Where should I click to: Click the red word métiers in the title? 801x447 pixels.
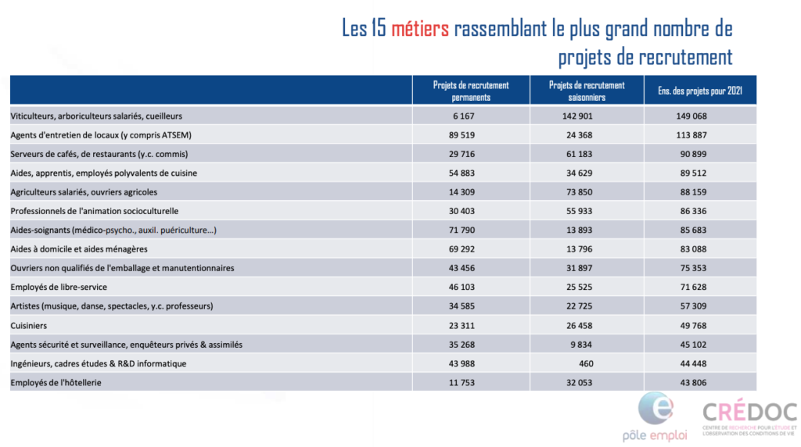(420, 28)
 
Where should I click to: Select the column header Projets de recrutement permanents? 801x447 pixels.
(471, 91)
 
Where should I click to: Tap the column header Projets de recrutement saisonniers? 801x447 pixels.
(587, 91)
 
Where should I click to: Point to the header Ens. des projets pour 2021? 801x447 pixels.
(700, 91)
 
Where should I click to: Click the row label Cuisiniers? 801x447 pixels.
(29, 326)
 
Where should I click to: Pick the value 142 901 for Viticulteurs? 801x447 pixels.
(577, 116)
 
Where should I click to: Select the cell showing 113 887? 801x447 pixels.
(691, 135)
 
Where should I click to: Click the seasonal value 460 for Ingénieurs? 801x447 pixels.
(586, 364)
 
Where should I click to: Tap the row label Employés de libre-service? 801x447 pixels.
(59, 288)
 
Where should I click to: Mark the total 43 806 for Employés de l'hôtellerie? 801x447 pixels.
(693, 383)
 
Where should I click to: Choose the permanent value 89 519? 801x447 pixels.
(462, 135)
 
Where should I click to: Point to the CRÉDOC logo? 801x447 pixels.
(749, 418)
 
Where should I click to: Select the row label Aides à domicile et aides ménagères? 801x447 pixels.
(79, 249)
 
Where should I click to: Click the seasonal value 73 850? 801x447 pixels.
(580, 192)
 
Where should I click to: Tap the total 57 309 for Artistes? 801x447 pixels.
(693, 306)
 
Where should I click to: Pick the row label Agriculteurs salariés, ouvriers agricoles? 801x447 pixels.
(84, 192)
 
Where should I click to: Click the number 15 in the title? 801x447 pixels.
(379, 28)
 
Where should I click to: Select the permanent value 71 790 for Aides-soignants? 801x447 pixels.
(462, 230)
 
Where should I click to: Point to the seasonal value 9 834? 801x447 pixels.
(581, 345)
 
